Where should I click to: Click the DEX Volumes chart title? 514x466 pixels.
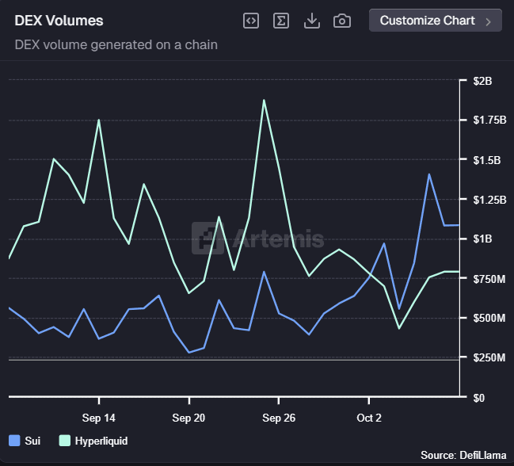click(59, 21)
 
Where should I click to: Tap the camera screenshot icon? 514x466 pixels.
click(342, 21)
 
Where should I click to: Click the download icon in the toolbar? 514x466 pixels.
click(312, 21)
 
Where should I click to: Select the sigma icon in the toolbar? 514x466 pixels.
click(280, 21)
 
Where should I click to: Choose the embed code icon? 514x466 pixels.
click(250, 21)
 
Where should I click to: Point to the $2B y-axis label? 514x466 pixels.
click(482, 81)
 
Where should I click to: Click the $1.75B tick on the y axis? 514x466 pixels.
click(488, 120)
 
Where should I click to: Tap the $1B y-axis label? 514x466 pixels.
click(482, 239)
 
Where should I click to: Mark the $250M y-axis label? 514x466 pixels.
click(488, 358)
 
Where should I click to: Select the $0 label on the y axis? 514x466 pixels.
click(479, 398)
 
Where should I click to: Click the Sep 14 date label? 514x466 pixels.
click(99, 418)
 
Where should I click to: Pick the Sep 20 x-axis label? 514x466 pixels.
click(188, 418)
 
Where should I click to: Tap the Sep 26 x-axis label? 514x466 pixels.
click(279, 418)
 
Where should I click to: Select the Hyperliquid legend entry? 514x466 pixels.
click(93, 441)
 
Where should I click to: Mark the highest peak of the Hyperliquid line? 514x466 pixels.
click(264, 100)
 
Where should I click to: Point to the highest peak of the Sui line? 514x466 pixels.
click(429, 174)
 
